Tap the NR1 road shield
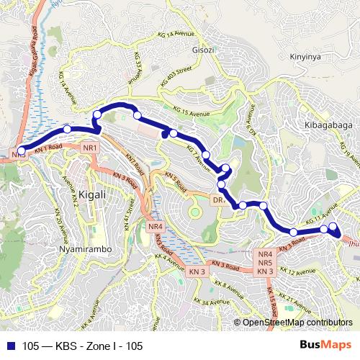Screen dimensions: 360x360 pos(90,148)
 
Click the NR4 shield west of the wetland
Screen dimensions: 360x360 pos(156,226)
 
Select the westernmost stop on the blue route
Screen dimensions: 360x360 pos(22,150)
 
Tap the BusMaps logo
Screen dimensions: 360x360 pos(325,346)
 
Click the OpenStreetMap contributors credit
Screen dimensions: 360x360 pos(297,323)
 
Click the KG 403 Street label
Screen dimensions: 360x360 pos(176,76)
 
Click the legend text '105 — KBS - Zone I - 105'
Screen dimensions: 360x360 pos(83,346)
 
